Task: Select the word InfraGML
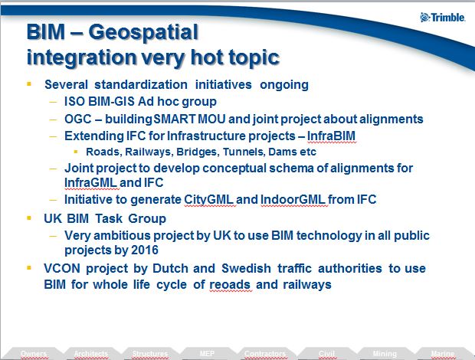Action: (x=93, y=183)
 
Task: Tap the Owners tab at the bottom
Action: (x=34, y=354)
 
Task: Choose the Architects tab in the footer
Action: (x=91, y=354)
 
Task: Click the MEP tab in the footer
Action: (x=206, y=354)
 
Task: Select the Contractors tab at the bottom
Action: (x=264, y=354)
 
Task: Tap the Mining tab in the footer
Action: (x=384, y=354)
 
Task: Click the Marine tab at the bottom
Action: (x=442, y=354)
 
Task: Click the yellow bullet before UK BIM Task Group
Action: (x=29, y=218)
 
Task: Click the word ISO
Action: (x=76, y=102)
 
